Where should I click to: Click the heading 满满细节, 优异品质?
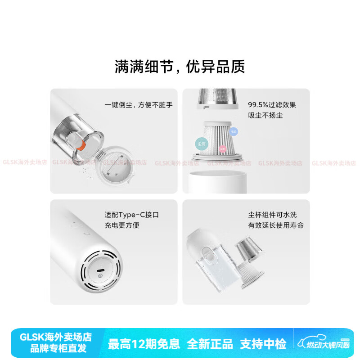(180, 67)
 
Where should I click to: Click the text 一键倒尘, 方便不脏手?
(139, 105)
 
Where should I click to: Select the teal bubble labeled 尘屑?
(201, 144)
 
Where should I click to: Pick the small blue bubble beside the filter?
(234, 131)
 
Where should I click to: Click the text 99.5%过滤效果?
(272, 105)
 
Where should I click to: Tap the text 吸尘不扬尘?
(265, 115)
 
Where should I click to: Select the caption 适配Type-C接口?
(131, 215)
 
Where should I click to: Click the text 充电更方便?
(122, 225)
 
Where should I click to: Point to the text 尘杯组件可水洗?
(273, 215)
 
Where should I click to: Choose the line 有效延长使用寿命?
(276, 225)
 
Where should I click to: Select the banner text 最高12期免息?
(144, 344)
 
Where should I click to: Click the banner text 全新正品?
(210, 344)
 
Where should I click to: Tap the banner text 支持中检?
(263, 344)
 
